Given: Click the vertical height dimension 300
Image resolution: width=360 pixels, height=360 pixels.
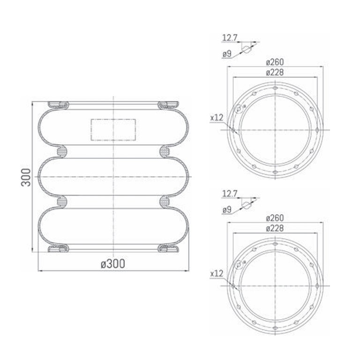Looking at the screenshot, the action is click(x=26, y=177).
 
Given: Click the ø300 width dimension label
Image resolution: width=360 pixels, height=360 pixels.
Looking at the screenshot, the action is click(x=113, y=264).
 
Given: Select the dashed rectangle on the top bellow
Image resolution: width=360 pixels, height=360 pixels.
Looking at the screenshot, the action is click(x=113, y=130).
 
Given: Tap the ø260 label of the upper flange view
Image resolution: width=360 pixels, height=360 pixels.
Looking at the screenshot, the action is click(x=275, y=62).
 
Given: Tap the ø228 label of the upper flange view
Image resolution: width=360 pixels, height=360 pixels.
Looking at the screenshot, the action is click(x=275, y=73).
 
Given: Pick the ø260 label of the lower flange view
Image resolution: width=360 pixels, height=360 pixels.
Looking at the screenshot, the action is click(x=275, y=218).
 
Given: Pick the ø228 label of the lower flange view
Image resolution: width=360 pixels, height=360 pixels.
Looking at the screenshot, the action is click(x=275, y=228).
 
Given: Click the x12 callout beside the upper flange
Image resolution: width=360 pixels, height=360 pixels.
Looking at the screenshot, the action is click(x=217, y=118).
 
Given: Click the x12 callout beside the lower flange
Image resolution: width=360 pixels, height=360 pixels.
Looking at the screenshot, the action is click(x=217, y=274).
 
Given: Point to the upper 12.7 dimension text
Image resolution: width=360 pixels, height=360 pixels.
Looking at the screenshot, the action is click(x=230, y=38).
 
